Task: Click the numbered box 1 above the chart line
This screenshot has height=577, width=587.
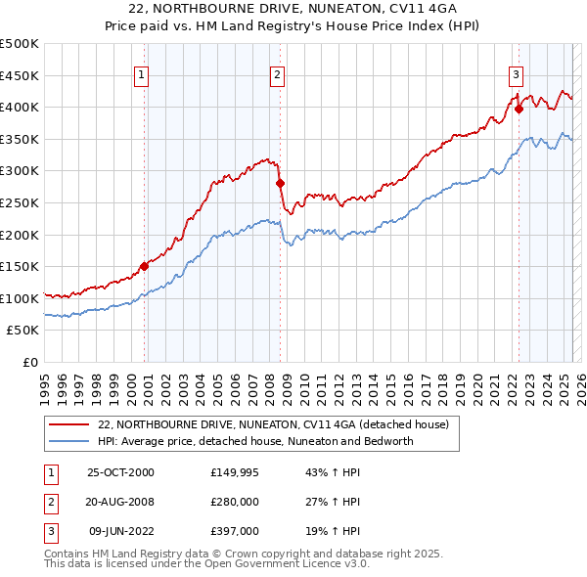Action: [142, 74]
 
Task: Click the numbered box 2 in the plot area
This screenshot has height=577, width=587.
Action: [277, 74]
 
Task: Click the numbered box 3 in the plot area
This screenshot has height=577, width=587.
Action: [515, 74]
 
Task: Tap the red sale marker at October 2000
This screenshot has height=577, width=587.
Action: [144, 265]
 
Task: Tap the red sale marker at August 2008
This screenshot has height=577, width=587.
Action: [280, 183]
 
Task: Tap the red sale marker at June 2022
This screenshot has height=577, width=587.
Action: [519, 109]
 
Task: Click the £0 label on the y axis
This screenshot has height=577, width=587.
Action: [29, 362]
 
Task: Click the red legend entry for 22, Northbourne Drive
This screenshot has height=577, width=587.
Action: [273, 425]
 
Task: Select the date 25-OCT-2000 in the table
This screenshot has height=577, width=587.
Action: [121, 472]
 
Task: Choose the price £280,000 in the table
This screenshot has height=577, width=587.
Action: [234, 502]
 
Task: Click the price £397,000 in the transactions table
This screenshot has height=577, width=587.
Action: [234, 531]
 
